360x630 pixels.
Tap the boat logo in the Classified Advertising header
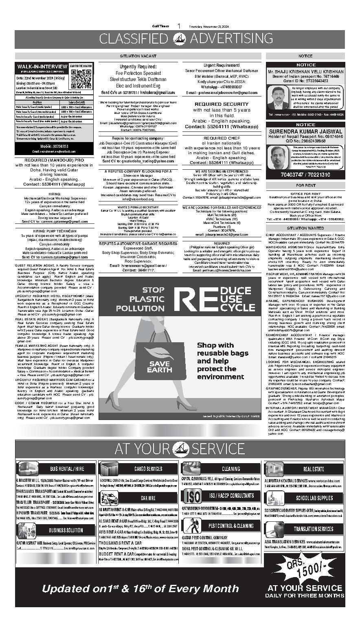point(180,39)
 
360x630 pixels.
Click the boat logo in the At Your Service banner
point(180,449)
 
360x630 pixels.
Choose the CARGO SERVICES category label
point(148,469)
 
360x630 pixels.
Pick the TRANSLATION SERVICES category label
point(314,529)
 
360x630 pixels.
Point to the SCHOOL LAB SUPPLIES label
point(314,498)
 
